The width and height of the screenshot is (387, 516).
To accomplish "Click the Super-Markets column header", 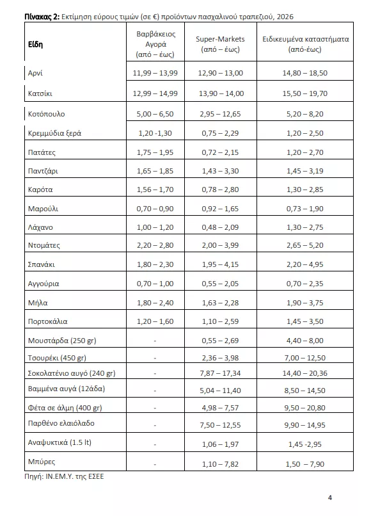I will click(220, 44).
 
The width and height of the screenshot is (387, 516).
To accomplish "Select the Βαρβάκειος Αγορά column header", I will click(155, 44).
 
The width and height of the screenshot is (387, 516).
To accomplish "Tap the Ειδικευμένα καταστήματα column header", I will click(305, 44).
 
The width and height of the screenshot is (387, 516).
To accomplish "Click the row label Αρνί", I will click(36, 73).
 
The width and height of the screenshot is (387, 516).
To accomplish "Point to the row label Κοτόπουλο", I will click(47, 114).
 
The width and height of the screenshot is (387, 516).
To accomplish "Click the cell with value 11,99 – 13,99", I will click(155, 73).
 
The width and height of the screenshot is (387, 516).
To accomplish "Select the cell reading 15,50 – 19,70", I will click(304, 93).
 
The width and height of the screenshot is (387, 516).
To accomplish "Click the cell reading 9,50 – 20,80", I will click(304, 408).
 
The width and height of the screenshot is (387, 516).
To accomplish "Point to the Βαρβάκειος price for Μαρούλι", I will click(155, 209).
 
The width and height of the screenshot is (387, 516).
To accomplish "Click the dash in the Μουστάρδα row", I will click(155, 340).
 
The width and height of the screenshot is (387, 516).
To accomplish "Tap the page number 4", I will click(330, 497).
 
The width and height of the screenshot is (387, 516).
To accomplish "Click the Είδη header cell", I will click(35, 44).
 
